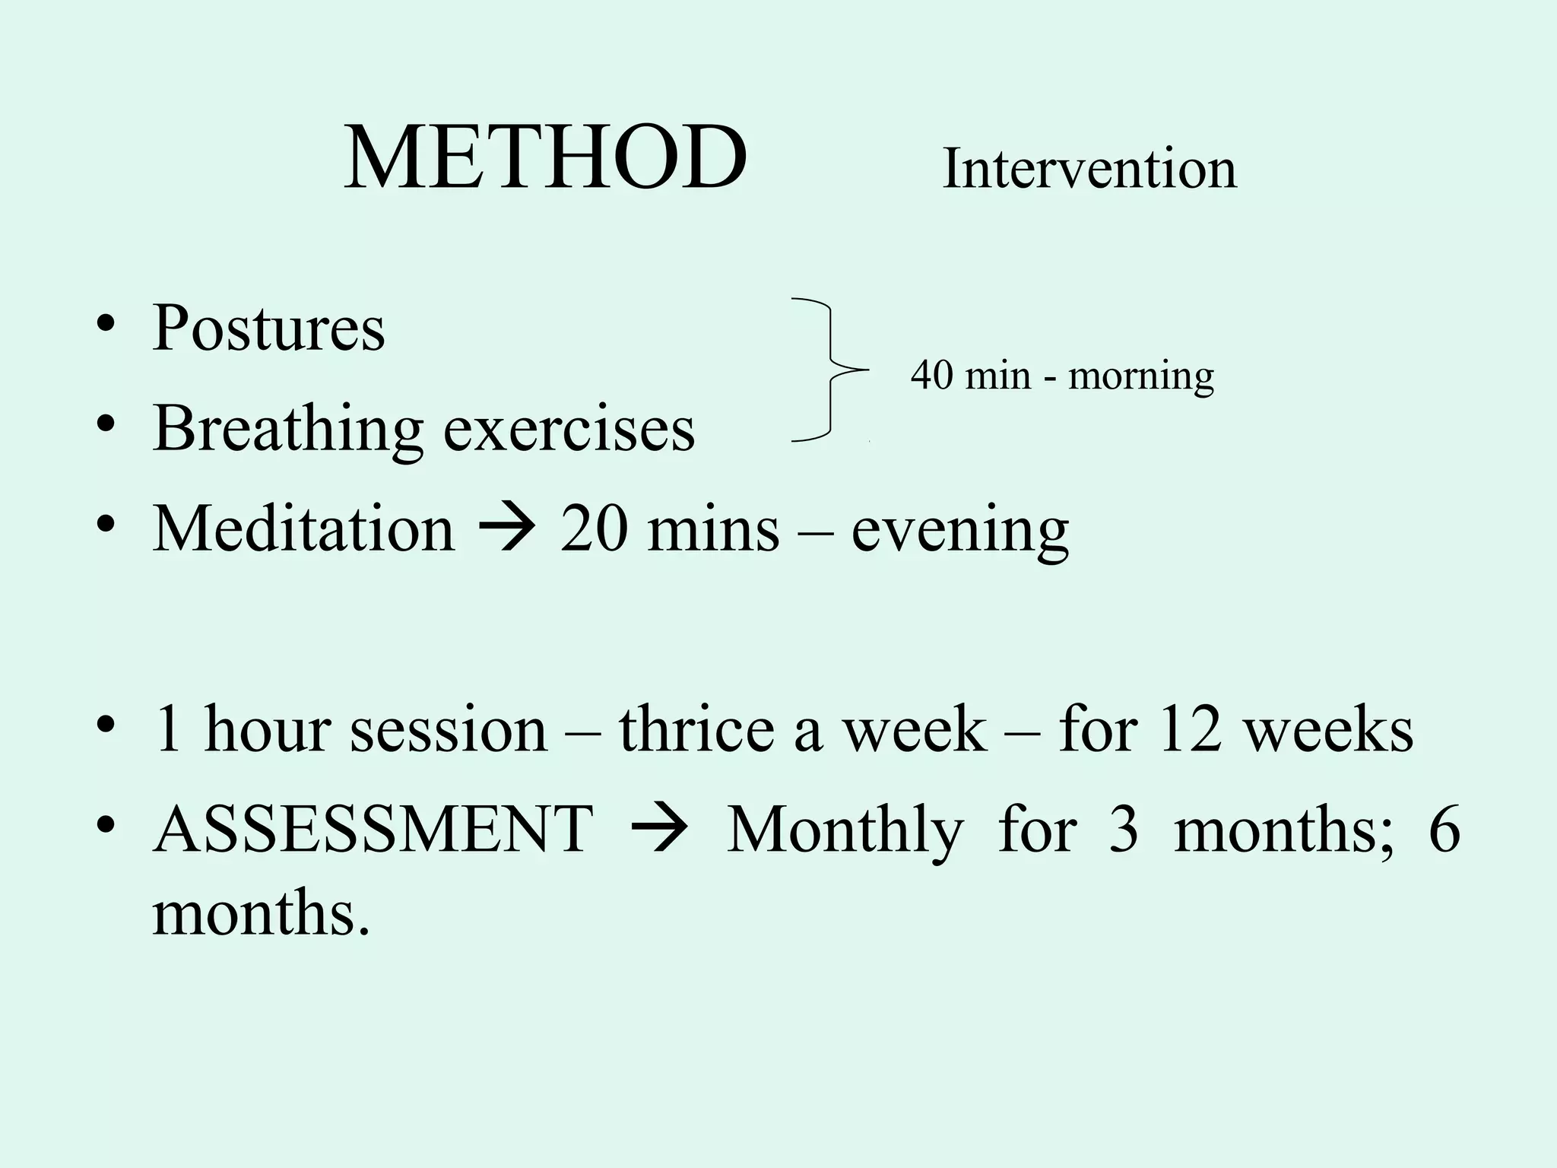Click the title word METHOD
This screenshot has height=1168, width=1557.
[x=545, y=158]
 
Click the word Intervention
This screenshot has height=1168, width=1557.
[x=1089, y=169]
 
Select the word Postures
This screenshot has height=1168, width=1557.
[x=268, y=328]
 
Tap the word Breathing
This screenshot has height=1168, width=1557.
[x=287, y=429]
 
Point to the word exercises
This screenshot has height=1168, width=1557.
[x=569, y=429]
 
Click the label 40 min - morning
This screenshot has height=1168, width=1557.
[x=1062, y=376]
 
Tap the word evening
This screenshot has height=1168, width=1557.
[x=959, y=530]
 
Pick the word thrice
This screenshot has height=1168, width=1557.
[x=696, y=729]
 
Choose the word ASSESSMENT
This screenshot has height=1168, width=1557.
[x=373, y=828]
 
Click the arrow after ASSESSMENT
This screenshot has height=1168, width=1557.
[x=659, y=829]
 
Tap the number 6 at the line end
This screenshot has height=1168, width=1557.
[x=1444, y=829]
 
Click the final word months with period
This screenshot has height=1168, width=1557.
[x=261, y=913]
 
